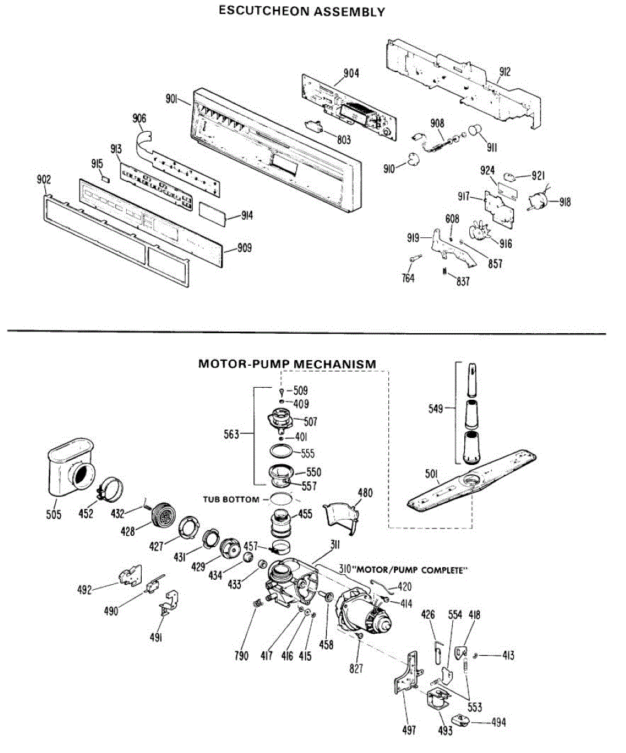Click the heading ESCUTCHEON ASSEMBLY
301,11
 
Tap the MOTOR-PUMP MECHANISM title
287,363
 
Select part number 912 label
504,72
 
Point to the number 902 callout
43,179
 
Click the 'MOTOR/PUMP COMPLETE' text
409,570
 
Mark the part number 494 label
499,722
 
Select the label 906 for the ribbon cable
140,118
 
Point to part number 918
565,202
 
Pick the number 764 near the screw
408,279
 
